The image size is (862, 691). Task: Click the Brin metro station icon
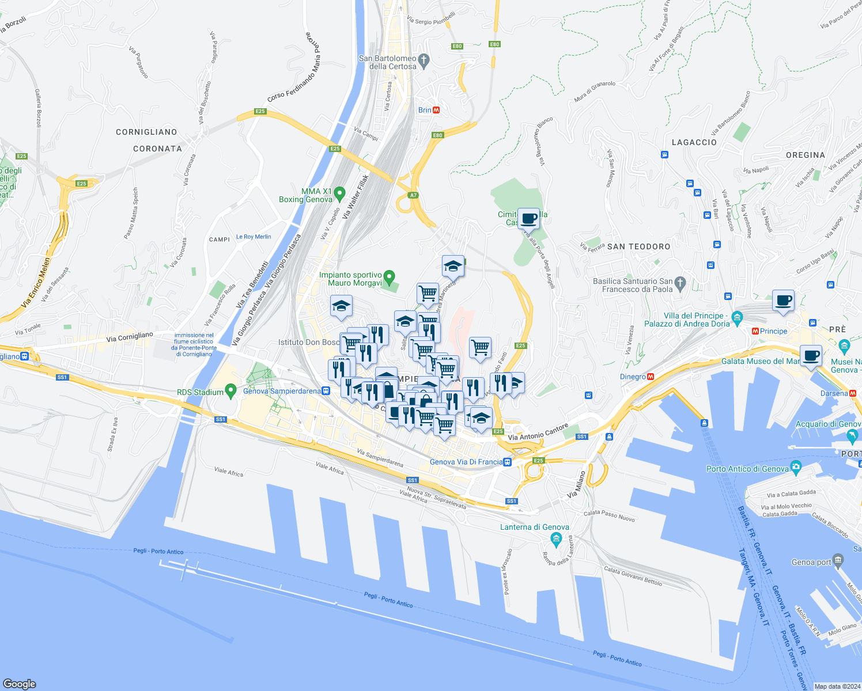436,110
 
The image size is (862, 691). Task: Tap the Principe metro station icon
755,331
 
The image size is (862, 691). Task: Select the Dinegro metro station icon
651,377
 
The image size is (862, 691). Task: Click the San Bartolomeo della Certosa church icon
424,60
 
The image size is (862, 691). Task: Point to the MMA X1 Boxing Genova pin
339,193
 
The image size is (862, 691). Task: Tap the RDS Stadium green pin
230,391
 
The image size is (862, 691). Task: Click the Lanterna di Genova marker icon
556,539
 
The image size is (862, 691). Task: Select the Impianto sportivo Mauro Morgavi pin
390,277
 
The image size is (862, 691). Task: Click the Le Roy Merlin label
254,237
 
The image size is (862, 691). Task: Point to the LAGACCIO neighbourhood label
694,142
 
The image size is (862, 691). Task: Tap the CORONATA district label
157,149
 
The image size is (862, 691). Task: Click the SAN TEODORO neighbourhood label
639,246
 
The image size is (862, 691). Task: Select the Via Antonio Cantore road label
538,433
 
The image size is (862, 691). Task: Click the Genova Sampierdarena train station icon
326,390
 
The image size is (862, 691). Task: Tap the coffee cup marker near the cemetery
528,218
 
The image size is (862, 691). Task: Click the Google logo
19,684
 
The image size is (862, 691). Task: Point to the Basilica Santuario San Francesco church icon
680,282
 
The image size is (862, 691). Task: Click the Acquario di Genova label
827,424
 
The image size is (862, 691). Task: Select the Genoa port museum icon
838,559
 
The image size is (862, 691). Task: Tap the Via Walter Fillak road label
354,197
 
